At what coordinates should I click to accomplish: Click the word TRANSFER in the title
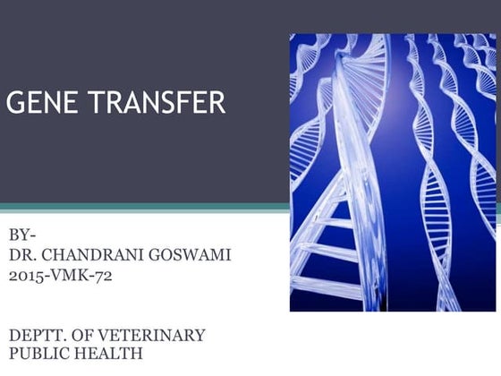(155, 103)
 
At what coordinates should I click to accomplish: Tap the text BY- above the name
(23, 235)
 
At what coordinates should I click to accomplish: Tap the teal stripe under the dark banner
(143, 207)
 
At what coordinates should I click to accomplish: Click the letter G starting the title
(15, 103)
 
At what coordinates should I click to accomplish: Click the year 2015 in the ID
(27, 275)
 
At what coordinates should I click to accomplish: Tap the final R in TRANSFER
(218, 103)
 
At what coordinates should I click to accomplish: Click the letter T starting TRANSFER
(92, 103)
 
